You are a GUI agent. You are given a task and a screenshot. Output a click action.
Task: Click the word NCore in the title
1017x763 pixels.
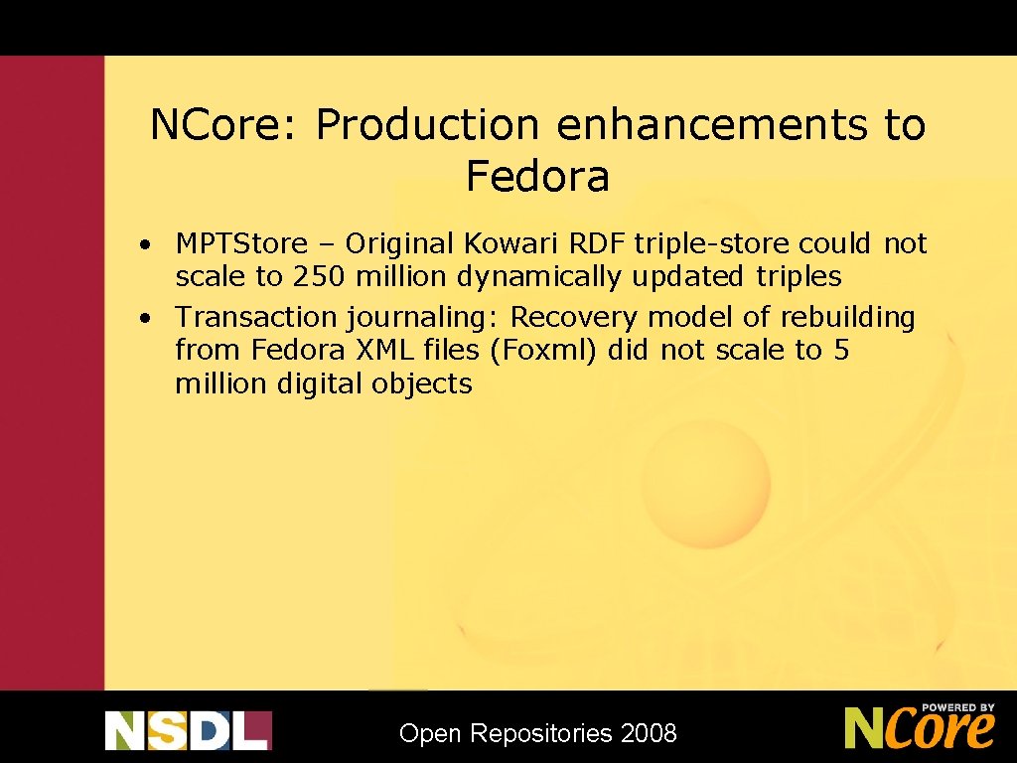click(225, 125)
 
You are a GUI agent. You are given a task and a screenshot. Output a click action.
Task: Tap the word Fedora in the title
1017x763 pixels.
click(537, 177)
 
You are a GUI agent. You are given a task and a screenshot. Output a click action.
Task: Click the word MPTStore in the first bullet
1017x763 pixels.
click(241, 243)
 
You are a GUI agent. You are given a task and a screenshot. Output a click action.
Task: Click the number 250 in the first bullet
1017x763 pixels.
click(320, 276)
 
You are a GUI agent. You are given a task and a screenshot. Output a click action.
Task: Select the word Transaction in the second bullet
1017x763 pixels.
click(256, 318)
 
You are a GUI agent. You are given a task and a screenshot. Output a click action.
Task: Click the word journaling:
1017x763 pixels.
click(424, 318)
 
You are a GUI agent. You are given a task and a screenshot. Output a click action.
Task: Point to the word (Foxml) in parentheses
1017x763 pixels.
click(545, 351)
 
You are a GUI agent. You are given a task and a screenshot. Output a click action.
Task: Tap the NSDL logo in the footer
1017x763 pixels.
click(188, 730)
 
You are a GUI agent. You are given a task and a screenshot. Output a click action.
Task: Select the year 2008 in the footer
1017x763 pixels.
click(648, 734)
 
